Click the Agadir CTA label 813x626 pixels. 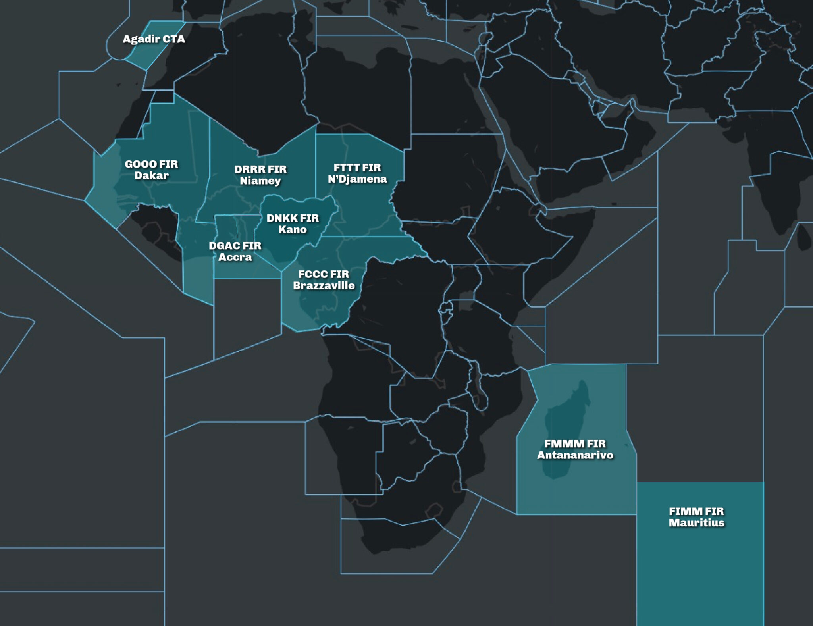click(154, 39)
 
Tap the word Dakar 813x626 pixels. click(151, 175)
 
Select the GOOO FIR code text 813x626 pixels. click(151, 164)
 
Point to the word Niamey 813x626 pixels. click(260, 181)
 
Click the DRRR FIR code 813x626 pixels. click(260, 169)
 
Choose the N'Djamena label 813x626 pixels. click(357, 179)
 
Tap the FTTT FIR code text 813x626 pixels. click(357, 168)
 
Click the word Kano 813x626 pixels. click(292, 229)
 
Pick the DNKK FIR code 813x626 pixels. click(292, 218)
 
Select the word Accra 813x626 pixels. click(235, 257)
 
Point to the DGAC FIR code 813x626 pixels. click(235, 246)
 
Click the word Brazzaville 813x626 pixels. click(324, 285)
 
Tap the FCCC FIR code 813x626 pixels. click(324, 274)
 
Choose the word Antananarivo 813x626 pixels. click(575, 455)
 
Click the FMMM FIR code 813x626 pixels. click(575, 443)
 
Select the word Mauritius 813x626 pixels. click(696, 522)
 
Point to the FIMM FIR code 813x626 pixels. click(696, 511)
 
